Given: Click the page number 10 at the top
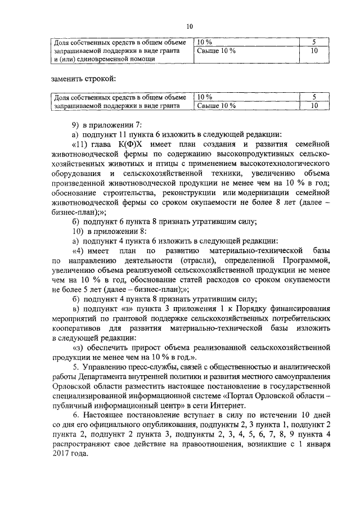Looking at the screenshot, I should tap(190, 26).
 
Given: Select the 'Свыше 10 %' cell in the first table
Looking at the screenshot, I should tap(216, 51).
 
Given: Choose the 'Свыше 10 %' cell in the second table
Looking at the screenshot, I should tap(216, 105).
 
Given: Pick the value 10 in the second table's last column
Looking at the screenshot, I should tap(314, 105).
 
